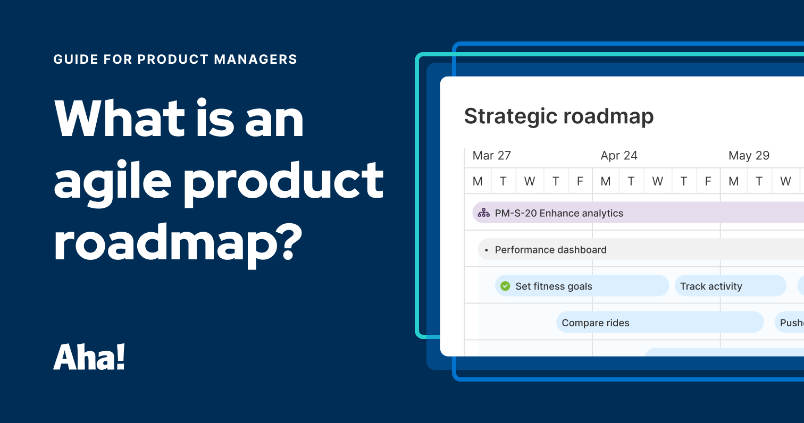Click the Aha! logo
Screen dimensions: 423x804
89,357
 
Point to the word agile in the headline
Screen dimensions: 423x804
113,180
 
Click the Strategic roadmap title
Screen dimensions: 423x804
558,116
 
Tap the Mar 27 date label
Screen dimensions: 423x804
491,156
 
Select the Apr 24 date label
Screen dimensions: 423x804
618,156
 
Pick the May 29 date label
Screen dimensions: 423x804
749,156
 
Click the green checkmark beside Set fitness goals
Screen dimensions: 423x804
505,286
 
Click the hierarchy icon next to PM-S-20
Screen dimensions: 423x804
483,213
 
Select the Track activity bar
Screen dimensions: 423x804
730,286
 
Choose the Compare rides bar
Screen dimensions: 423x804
659,323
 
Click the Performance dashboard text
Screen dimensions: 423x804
550,250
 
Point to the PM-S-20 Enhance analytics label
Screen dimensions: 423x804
558,213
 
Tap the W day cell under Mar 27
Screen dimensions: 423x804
530,181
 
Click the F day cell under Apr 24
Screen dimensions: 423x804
708,181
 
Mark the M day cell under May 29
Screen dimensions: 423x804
734,181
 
